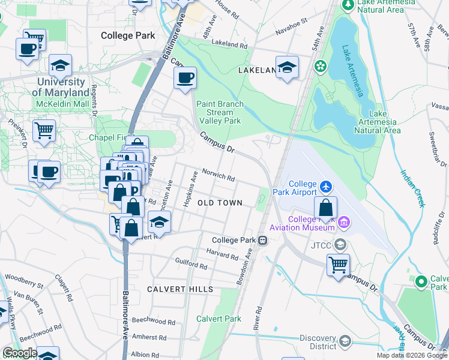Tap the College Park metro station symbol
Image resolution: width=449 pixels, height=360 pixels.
263,240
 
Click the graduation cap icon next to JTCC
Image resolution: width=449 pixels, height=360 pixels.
340,244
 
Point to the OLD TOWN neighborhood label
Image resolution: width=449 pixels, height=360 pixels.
220,203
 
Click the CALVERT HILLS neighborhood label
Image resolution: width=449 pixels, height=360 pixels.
180,289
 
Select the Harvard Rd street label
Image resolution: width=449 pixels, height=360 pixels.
222,255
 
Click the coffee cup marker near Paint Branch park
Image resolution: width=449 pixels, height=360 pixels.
185,77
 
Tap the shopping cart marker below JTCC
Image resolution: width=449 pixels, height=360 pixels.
339,264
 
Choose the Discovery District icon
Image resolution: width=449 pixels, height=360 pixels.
345,341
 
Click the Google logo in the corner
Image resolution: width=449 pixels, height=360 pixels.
20,353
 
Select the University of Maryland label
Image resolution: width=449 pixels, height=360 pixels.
60,87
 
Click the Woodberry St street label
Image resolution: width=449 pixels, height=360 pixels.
23,278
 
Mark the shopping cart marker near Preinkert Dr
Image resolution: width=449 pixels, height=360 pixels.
44,130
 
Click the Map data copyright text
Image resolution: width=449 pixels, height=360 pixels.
411,355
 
